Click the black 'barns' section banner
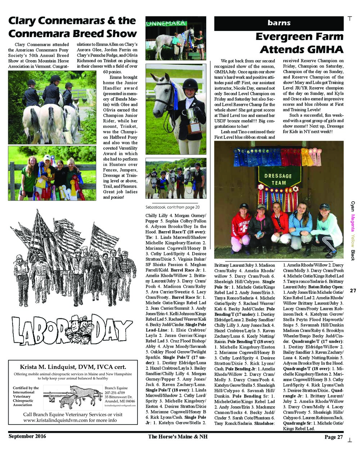[279, 23]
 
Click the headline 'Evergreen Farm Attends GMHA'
[300, 42]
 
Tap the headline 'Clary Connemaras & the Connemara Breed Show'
[72, 27]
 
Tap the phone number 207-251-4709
[115, 392]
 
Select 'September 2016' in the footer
[27, 436]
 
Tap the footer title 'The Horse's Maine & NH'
[177, 437]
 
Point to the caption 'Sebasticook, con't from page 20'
[172, 207]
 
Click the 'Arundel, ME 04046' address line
[120, 401]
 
